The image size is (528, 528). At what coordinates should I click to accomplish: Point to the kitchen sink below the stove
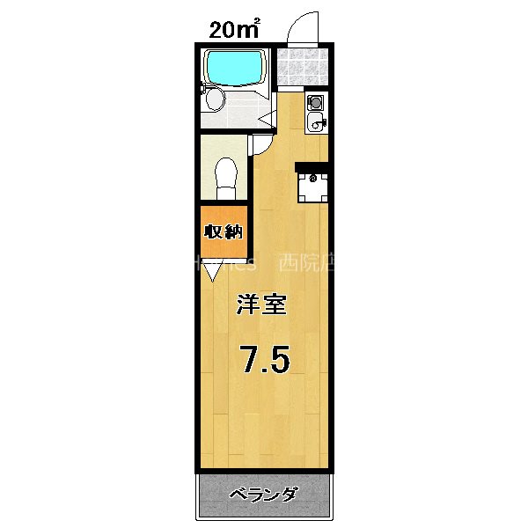point(316,122)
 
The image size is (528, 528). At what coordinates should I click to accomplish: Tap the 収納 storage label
point(224,232)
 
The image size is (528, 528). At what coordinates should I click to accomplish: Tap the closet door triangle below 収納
point(212,273)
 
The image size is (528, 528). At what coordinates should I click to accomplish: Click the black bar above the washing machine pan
point(312,165)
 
